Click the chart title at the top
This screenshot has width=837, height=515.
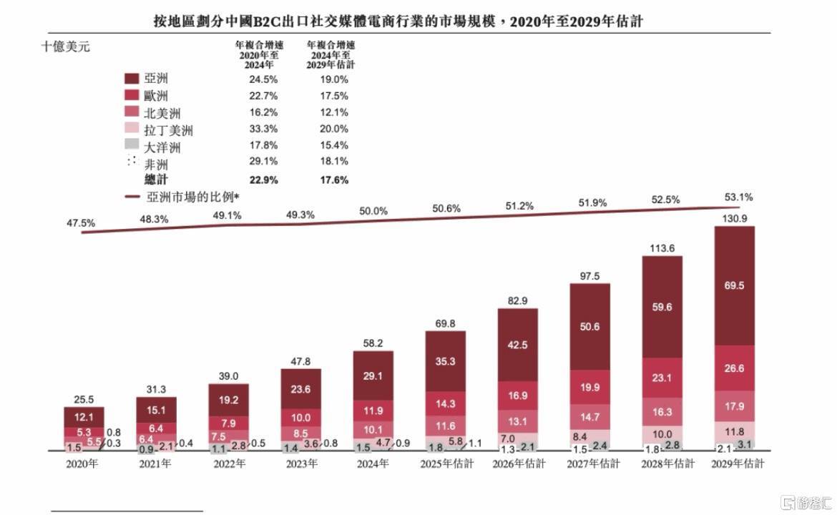398,21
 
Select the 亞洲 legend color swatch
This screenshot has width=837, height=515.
132,79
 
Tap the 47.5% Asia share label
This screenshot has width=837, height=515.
80,223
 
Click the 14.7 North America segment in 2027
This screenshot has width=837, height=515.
589,416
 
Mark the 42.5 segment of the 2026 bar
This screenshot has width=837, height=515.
517,345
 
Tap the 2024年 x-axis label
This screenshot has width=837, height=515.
373,464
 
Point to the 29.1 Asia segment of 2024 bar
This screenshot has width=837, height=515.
373,375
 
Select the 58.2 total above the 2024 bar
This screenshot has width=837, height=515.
373,343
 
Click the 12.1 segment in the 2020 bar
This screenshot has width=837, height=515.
84,417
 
